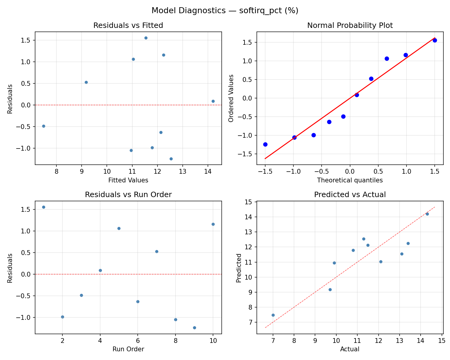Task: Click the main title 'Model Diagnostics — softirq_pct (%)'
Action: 225,10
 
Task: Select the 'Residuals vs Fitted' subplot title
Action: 128,25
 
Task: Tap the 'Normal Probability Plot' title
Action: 350,25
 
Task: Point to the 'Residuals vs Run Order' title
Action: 128,195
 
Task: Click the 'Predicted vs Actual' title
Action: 350,195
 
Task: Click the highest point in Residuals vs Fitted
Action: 146,38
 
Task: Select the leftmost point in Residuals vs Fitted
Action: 43,126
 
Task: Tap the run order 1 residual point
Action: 43,207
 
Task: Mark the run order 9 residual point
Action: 194,328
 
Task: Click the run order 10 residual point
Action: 213,224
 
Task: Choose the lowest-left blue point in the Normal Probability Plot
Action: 265,144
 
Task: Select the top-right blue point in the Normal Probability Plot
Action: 435,40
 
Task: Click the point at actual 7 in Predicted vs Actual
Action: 273,315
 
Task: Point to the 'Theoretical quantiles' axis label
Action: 350,180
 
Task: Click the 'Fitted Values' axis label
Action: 128,180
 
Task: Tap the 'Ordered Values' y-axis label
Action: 231,98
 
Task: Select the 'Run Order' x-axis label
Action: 128,349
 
